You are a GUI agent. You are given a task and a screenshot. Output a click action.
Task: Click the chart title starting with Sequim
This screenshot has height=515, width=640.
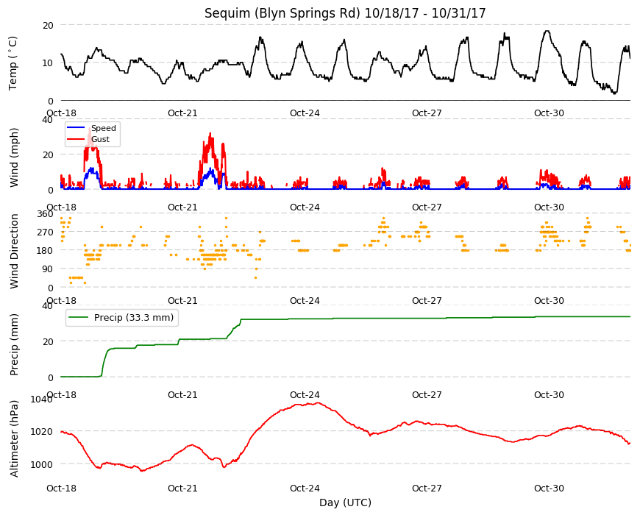[345, 13]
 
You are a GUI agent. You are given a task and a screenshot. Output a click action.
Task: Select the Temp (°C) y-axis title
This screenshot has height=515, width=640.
[13, 63]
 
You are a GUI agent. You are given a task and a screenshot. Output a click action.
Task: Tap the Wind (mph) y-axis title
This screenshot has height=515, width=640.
[14, 157]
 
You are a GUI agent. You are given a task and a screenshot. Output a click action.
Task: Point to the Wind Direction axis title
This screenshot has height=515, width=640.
[14, 251]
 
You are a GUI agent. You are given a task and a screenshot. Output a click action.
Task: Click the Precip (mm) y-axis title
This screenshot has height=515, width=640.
[14, 344]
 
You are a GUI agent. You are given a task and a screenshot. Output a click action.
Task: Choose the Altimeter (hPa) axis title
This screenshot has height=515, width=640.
[14, 438]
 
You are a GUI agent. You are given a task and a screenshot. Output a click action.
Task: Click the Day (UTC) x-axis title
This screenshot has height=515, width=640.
[345, 502]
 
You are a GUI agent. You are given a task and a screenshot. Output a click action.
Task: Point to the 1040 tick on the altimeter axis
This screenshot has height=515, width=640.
[42, 399]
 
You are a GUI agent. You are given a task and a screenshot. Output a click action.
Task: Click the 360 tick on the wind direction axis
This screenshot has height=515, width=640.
[45, 214]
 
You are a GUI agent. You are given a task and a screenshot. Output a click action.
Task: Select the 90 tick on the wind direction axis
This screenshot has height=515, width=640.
[48, 269]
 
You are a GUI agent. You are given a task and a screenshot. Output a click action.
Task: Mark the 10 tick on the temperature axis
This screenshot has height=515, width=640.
[48, 63]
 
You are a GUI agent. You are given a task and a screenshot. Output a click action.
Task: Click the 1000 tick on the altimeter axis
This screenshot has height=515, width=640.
[42, 464]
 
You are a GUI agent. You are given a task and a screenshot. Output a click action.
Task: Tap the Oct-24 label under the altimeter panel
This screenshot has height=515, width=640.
[305, 488]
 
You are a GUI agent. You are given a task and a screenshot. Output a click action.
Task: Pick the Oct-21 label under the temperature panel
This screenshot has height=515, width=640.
[182, 113]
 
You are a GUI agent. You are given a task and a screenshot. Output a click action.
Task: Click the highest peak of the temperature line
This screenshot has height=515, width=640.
[547, 31]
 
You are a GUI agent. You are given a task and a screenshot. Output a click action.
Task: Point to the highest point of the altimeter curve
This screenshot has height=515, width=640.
[319, 402]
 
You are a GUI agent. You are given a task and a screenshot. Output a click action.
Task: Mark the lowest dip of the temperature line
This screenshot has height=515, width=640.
[615, 93]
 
